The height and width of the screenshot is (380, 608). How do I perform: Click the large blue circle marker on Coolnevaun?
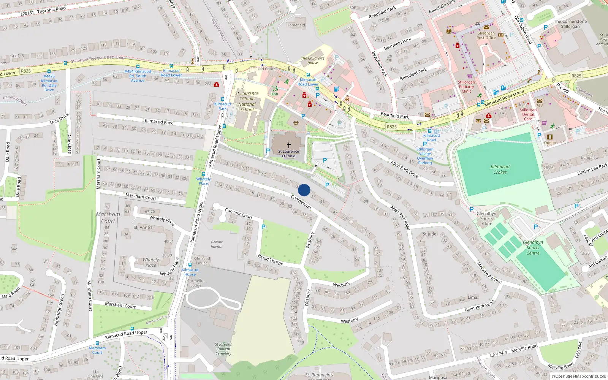pos(304,190)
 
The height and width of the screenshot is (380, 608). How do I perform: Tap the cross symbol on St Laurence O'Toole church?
pos(289,145)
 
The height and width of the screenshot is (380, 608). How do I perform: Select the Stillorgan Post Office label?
pos(486,35)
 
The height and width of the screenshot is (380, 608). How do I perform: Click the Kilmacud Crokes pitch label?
pos(500,169)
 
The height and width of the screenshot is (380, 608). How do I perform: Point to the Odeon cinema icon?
pos(549,137)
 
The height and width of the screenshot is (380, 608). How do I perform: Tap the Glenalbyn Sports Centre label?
pos(533,248)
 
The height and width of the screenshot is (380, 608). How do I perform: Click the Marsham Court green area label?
pos(108,218)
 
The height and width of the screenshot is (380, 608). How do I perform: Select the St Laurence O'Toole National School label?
pos(247,101)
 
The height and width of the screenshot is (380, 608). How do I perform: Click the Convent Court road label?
pos(239,213)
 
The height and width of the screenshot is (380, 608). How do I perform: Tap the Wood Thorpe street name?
pos(270,260)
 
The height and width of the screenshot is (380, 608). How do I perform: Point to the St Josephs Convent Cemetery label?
pos(223,349)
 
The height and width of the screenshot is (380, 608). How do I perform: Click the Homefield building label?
pos(296,25)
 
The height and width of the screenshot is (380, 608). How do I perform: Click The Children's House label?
pos(313,60)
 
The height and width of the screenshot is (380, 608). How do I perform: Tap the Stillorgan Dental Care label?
pos(528,114)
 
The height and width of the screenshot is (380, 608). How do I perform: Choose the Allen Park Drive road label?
pos(404,169)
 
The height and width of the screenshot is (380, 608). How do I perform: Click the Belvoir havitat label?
pos(217,244)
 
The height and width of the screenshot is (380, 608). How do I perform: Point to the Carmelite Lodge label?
pos(196,283)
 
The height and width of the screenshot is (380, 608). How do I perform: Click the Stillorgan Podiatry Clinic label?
pos(466,87)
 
